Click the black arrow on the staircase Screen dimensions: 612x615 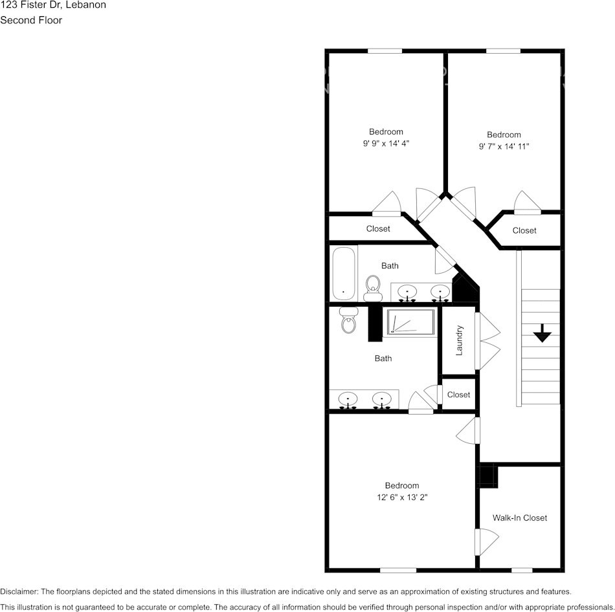pyautogui.click(x=542, y=334)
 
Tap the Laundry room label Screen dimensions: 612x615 pyautogui.click(x=460, y=340)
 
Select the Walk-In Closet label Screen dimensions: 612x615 pyautogui.click(x=519, y=518)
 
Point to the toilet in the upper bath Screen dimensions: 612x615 pyautogui.click(x=373, y=288)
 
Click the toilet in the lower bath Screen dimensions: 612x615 pyautogui.click(x=349, y=320)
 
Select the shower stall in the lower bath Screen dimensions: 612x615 pyautogui.click(x=411, y=322)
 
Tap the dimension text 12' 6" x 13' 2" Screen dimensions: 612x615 pyautogui.click(x=401, y=497)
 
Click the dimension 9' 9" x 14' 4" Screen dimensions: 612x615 pyautogui.click(x=386, y=144)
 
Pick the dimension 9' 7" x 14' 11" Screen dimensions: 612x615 pyautogui.click(x=504, y=146)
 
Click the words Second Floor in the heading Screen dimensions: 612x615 pyautogui.click(x=31, y=20)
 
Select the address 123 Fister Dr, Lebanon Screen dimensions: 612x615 pyautogui.click(x=53, y=5)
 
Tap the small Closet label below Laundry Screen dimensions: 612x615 pyautogui.click(x=458, y=395)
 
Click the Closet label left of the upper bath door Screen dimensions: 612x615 pyautogui.click(x=378, y=228)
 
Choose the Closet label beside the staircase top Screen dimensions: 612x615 pyautogui.click(x=524, y=230)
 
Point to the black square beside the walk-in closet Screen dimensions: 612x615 pyautogui.click(x=487, y=477)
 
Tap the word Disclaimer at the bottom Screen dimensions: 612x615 pyautogui.click(x=19, y=591)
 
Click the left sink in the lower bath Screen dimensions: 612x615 pyautogui.click(x=349, y=399)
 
